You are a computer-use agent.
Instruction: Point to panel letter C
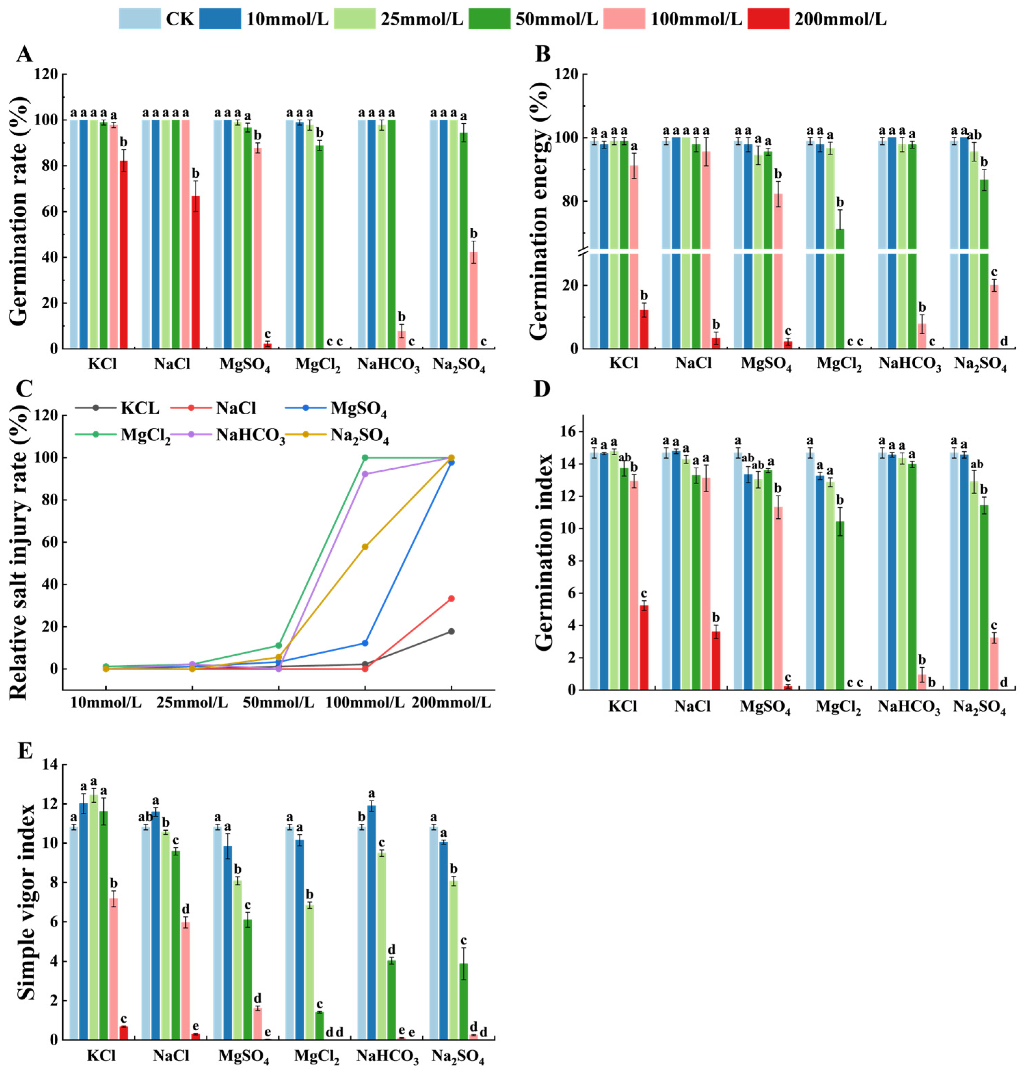(x=25, y=389)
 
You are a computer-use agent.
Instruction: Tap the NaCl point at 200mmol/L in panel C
(x=451, y=599)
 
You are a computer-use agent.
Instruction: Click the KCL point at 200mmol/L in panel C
(x=451, y=631)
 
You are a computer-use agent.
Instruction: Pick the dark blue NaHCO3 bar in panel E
(x=372, y=922)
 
